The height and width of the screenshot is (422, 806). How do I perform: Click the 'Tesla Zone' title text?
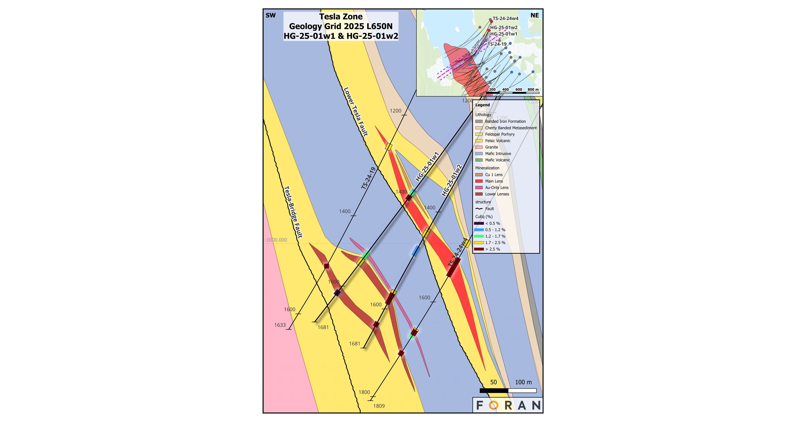pos(341,17)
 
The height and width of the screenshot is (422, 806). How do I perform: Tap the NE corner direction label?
pos(535,15)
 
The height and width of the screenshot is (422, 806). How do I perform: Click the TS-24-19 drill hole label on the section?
pos(368,178)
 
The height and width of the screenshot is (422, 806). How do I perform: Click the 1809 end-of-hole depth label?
pos(379,406)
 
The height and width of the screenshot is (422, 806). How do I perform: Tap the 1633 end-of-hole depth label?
pos(280,325)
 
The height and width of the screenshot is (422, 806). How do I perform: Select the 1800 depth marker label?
pos(364,392)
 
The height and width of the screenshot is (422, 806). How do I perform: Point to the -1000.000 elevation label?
pos(276,240)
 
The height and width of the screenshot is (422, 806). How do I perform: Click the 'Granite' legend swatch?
pos(479,147)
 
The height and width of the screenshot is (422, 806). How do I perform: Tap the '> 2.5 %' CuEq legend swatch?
pos(479,249)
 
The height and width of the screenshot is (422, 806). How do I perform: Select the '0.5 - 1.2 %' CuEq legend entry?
pos(495,230)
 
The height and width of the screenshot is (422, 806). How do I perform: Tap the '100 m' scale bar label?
pos(523,382)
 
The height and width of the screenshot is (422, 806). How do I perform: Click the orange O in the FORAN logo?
pos(493,405)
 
